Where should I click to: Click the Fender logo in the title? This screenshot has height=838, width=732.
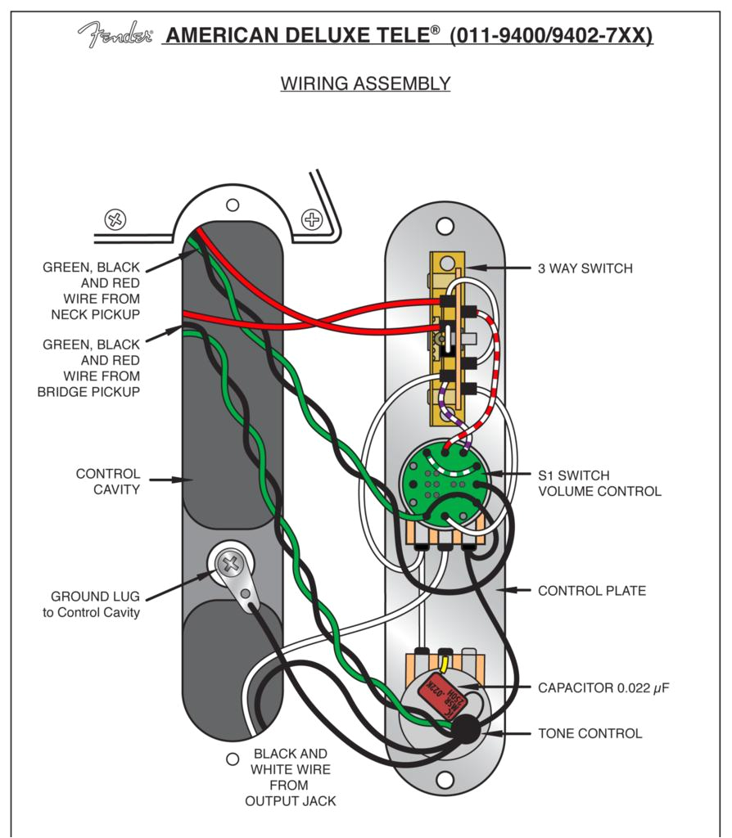[x=115, y=34]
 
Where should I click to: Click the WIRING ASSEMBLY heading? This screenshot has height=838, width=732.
[x=366, y=83]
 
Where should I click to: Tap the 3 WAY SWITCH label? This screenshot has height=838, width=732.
[x=585, y=268]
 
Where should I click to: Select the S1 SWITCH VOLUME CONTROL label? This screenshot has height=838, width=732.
[x=599, y=483]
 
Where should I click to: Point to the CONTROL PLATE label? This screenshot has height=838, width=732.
[x=592, y=591]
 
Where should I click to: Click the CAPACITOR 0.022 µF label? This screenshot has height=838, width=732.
[x=603, y=687]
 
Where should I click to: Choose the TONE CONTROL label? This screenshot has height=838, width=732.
[x=590, y=733]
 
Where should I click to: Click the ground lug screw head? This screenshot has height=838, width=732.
[x=232, y=563]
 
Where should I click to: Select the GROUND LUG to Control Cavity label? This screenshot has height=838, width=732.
[x=91, y=604]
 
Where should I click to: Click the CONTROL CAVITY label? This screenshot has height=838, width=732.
[x=108, y=481]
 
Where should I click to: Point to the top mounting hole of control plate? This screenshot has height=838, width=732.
[x=445, y=226]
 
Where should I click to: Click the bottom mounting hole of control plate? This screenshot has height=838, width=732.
[x=445, y=781]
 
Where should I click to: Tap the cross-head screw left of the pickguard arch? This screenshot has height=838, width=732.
[x=115, y=219]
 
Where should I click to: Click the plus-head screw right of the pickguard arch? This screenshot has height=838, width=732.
[x=312, y=219]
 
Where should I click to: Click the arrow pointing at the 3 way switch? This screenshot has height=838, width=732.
[x=485, y=268]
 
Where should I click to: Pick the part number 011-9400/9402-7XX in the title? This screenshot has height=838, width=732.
[x=551, y=36]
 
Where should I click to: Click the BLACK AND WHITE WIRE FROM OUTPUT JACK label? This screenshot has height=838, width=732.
[x=291, y=777]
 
